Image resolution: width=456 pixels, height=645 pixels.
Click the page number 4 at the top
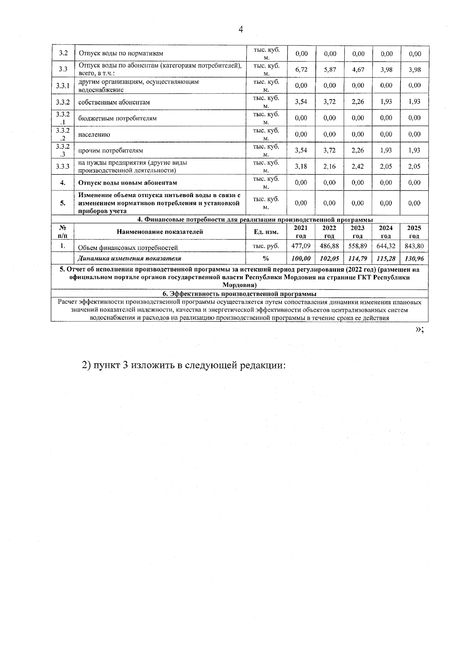[x=240, y=30]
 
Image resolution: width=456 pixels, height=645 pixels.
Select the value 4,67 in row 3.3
[x=358, y=70]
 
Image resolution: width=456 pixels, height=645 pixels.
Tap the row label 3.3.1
[x=62, y=86]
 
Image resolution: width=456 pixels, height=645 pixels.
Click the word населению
[x=94, y=134]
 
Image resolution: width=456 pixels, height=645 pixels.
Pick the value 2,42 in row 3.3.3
[x=358, y=166]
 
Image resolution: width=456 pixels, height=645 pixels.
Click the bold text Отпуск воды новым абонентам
[x=128, y=183]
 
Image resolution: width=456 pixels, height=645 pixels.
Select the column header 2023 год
[x=358, y=232]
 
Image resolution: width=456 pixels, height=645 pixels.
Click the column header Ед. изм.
[x=266, y=232]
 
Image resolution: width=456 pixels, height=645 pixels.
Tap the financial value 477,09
[x=301, y=246]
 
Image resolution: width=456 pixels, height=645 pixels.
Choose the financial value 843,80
[x=414, y=246]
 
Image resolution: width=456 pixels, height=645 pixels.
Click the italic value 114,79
[x=358, y=259]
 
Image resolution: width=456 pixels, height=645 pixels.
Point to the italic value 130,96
[x=414, y=259]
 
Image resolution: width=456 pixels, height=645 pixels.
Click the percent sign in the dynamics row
[x=266, y=259]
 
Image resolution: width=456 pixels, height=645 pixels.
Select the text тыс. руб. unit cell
[x=266, y=246]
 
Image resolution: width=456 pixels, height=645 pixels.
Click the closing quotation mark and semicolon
[x=420, y=330]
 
